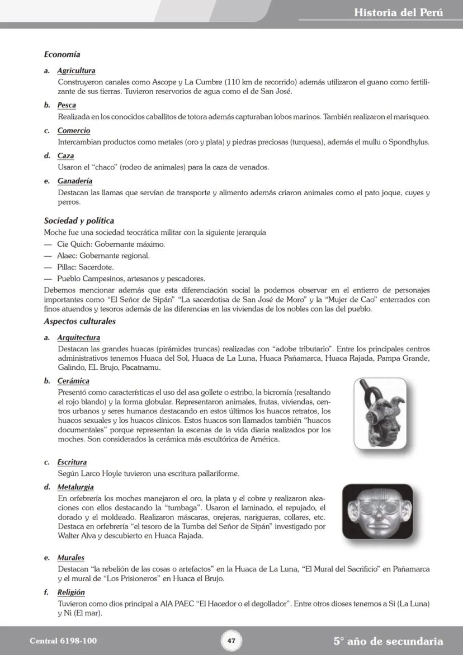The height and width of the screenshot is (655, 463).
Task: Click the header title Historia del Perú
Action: pos(398,12)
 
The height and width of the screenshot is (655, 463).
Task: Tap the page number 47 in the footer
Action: pos(231,640)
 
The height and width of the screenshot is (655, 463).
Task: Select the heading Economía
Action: pos(62,54)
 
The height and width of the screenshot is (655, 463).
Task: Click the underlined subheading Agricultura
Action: pos(76,71)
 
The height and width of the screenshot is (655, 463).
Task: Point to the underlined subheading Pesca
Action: pos(67,105)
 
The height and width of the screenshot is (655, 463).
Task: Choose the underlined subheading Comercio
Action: pos(73,130)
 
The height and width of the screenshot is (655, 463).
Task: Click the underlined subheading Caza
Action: pos(65,155)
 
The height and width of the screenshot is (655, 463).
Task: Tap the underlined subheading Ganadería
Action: pos(75,181)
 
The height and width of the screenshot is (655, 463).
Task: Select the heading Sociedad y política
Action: pos(79,221)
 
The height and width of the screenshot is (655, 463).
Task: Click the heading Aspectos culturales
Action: pos(79,322)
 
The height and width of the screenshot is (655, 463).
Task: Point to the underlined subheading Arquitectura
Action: pos(78,338)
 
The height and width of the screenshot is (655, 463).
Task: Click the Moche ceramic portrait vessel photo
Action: pos(380,413)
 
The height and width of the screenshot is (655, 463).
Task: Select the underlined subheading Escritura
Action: pos(72,463)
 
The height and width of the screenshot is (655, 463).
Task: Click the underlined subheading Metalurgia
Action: pos(75,487)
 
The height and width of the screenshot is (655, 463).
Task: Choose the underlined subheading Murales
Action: pos(70,558)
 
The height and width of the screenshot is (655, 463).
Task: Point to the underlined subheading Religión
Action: pos(71,592)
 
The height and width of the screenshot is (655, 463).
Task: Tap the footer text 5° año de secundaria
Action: pos(388,641)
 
